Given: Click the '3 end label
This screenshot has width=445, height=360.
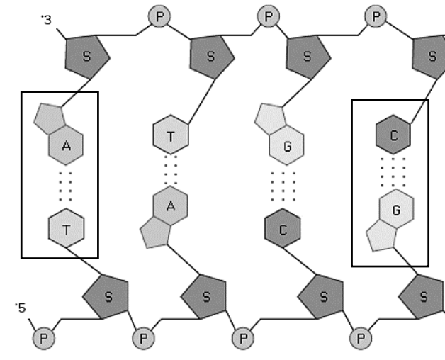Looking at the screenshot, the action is click(x=47, y=20).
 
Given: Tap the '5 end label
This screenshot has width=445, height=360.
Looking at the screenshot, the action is click(x=21, y=308).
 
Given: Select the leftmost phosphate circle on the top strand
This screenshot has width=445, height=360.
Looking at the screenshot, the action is click(x=159, y=16).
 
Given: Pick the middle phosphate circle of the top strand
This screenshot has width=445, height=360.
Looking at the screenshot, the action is click(x=269, y=16).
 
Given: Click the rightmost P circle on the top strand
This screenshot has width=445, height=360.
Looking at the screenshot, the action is click(x=376, y=16).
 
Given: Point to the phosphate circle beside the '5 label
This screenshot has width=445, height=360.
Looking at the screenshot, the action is click(x=44, y=339).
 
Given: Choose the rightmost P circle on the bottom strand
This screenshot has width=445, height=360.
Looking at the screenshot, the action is click(x=361, y=339).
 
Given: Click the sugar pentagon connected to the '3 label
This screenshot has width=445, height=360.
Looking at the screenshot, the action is click(x=87, y=57).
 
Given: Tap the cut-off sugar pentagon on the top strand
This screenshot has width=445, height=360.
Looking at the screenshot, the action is click(x=429, y=57).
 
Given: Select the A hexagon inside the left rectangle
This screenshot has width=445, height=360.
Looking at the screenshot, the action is click(x=66, y=145).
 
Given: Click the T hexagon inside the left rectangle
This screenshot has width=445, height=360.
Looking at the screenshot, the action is click(x=66, y=228).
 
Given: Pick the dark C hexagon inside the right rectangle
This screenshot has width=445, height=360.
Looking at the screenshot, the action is click(x=393, y=135).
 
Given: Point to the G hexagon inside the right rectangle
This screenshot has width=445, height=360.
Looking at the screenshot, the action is click(x=396, y=208).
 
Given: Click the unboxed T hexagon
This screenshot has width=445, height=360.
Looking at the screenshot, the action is click(x=171, y=135).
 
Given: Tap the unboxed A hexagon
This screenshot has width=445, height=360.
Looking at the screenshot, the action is click(x=170, y=206).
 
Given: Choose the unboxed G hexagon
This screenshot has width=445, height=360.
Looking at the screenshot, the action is click(x=286, y=145).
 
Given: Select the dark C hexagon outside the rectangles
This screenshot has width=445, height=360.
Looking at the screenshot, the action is click(x=283, y=228).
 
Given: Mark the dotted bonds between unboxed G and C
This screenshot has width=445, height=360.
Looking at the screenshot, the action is click(x=283, y=186).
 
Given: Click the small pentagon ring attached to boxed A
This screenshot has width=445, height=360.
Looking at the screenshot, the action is click(x=50, y=118).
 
